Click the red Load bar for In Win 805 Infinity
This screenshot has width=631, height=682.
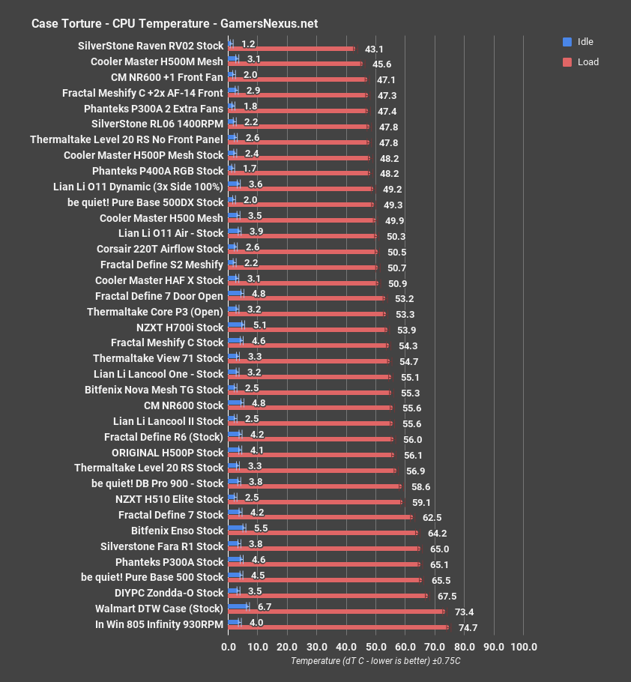click(x=337, y=627)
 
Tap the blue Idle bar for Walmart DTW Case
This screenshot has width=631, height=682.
click(x=238, y=606)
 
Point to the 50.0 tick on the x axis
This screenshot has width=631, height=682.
click(x=375, y=647)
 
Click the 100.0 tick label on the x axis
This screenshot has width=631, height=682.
click(x=523, y=647)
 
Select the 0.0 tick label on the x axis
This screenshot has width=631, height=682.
click(x=229, y=647)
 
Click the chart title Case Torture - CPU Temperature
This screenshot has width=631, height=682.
click(x=174, y=23)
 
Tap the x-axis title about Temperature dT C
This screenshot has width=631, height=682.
click(x=375, y=661)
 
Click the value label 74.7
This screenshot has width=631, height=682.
click(x=468, y=628)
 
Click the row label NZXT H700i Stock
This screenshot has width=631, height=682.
click(x=180, y=328)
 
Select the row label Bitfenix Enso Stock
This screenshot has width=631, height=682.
click(x=177, y=531)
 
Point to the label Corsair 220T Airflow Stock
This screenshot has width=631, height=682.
click(x=160, y=249)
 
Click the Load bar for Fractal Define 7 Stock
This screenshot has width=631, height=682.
click(x=320, y=516)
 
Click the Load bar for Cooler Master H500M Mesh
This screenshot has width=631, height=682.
click(x=295, y=64)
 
